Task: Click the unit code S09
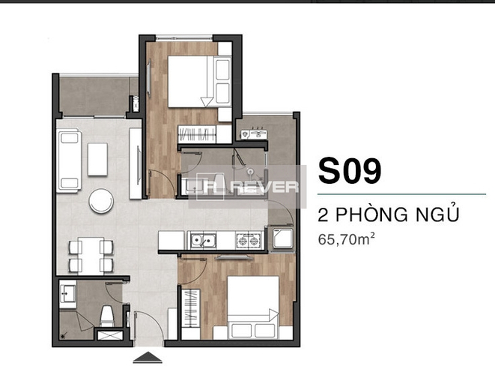click(x=350, y=171)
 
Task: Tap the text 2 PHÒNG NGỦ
click(x=389, y=214)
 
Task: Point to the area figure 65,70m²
click(x=346, y=239)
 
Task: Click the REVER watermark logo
click(x=247, y=187)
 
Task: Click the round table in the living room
click(x=101, y=201)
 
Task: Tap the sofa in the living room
click(x=69, y=160)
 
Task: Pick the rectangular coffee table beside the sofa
click(x=97, y=159)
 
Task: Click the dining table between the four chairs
click(x=91, y=256)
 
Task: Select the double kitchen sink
click(x=203, y=241)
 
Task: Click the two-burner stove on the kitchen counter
click(x=249, y=241)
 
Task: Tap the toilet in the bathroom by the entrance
click(x=106, y=316)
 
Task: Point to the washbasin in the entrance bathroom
click(x=67, y=294)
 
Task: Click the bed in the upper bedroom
click(x=199, y=81)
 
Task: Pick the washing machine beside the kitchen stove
click(x=279, y=238)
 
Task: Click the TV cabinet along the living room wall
click(x=136, y=163)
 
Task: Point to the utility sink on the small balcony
click(x=254, y=134)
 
